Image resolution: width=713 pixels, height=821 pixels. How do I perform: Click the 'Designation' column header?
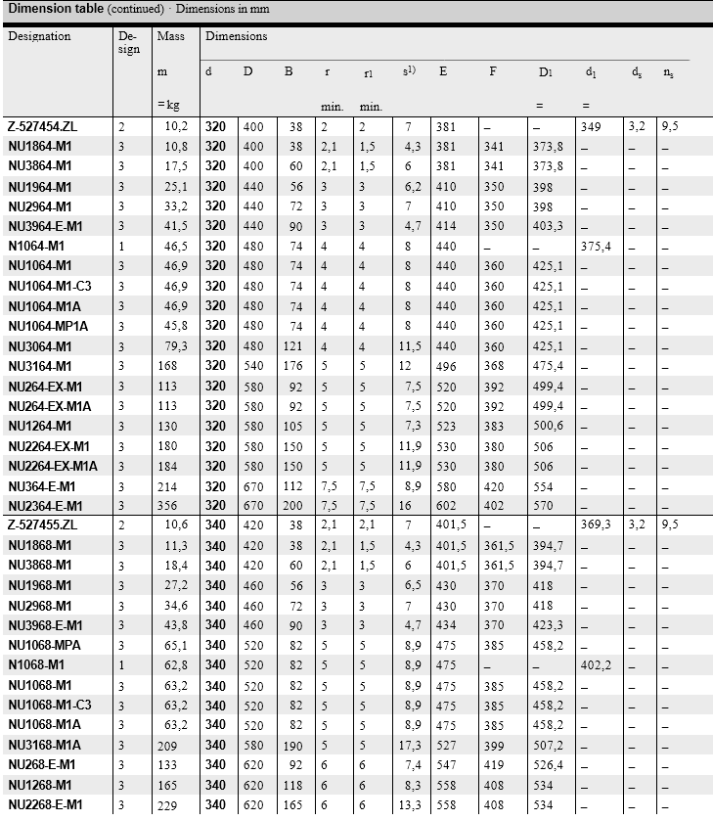pos(39,36)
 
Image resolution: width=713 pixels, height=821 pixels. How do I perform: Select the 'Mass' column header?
pos(170,36)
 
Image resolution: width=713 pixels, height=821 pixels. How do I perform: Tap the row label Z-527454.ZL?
pos(41,126)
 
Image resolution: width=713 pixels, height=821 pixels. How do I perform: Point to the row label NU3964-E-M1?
pos(46,226)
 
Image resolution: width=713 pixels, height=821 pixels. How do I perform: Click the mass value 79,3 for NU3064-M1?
pos(177,346)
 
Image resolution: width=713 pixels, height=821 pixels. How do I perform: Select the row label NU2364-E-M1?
pos(46,506)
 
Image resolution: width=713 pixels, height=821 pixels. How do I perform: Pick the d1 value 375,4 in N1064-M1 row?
pos(596,246)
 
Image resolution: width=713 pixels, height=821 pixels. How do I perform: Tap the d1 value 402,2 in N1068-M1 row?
pos(596,665)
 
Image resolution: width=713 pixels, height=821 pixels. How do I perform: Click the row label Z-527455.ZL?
pos(41,525)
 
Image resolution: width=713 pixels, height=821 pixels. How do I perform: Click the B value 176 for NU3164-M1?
pos(295,366)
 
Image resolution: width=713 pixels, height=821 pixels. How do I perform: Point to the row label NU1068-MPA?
pos(45,646)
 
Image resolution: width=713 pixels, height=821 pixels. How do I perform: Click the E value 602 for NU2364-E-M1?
pos(445,506)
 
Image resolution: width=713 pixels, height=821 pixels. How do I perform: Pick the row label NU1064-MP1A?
pos(48,326)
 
